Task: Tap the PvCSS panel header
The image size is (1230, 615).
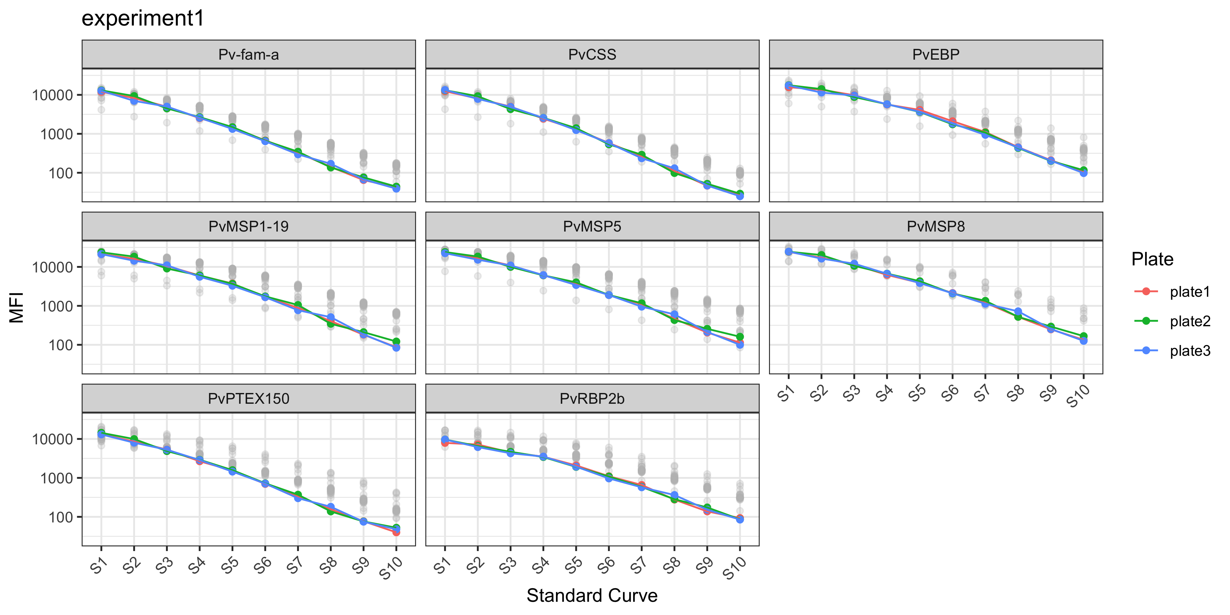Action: click(x=592, y=54)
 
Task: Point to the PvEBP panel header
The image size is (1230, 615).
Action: click(x=935, y=54)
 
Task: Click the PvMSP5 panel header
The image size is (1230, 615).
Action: click(x=592, y=226)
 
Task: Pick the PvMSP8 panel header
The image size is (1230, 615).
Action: click(x=935, y=226)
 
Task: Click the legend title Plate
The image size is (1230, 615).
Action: click(x=1152, y=259)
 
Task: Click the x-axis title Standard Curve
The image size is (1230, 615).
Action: click(x=592, y=595)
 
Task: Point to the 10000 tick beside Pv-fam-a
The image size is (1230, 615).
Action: click(x=53, y=95)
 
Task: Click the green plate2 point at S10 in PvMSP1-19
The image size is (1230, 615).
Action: click(x=396, y=341)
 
